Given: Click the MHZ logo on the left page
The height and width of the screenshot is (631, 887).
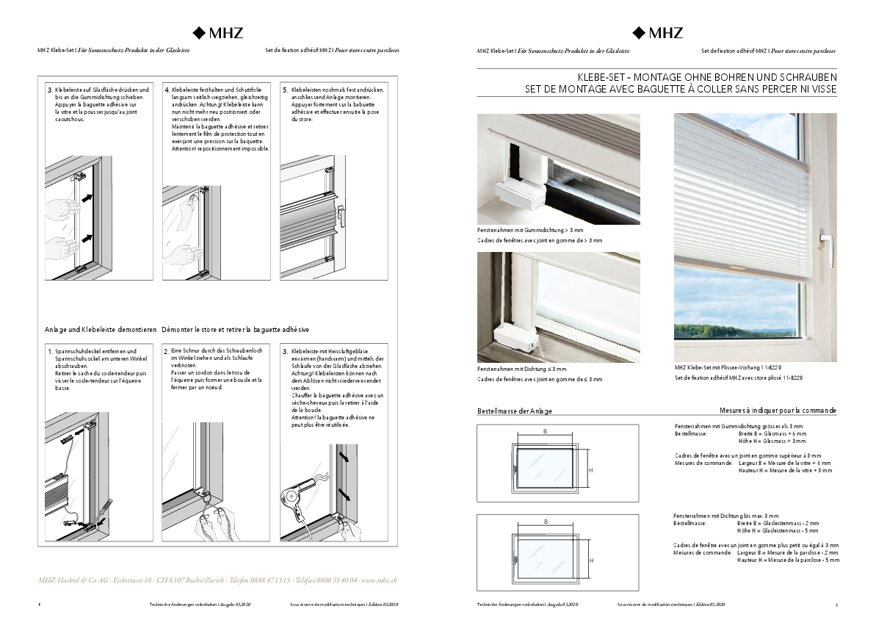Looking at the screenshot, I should pos(218,32).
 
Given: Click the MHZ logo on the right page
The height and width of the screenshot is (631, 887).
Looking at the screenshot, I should pos(658,32).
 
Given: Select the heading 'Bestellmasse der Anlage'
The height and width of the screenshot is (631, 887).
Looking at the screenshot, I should pos(515,411).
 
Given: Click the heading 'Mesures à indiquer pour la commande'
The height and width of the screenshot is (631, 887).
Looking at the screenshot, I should pos(778,411).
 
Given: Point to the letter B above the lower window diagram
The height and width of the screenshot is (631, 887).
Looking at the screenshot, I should pos(546,521).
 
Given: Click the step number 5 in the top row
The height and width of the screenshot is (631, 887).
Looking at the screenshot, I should pos(285,90).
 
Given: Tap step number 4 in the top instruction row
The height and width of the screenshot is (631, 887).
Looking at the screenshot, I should pos(167,90).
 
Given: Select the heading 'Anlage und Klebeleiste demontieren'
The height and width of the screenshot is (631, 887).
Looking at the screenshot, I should pos(101,329).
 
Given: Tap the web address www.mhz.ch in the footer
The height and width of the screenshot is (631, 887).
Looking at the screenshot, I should pos(380,580).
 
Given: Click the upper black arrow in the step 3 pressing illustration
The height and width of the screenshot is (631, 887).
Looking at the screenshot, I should pos(90,198).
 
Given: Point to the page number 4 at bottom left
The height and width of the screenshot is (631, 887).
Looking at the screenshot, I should pos(39,605).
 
